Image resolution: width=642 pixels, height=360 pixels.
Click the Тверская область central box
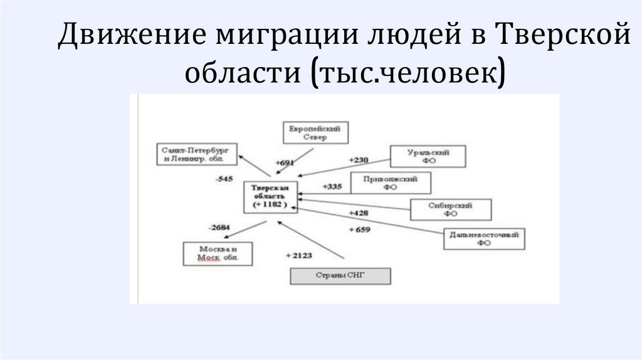tap(271, 196)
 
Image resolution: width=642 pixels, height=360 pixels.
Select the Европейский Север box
tap(315, 133)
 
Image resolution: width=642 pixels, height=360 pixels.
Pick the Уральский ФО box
tap(428, 156)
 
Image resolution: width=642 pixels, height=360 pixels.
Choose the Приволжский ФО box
tap(391, 183)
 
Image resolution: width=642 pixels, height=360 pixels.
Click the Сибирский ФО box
tap(450, 209)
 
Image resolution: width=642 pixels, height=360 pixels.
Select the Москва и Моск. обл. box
tap(218, 253)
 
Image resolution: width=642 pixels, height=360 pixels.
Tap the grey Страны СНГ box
tap(340, 277)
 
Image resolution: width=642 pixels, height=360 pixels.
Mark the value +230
tap(359, 160)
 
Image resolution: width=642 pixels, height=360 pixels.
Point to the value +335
tap(332, 186)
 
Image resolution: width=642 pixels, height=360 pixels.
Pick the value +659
tap(359, 230)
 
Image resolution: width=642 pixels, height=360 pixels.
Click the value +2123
tap(298, 255)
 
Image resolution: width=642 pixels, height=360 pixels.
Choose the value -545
tap(223, 179)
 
